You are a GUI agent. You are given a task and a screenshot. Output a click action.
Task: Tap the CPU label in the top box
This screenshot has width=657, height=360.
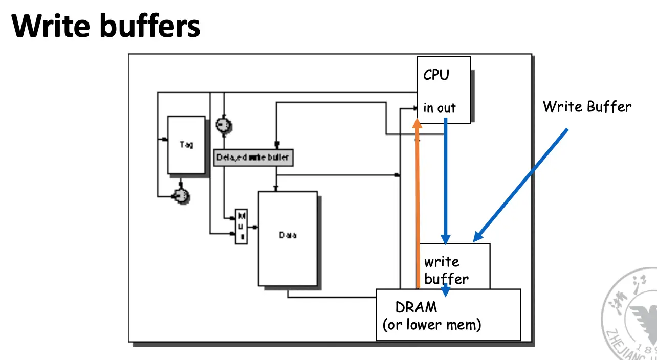coord(436,75)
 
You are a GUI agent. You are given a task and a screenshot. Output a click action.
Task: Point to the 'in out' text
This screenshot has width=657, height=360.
coord(439,108)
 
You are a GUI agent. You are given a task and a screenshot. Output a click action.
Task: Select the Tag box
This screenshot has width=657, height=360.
coord(186,145)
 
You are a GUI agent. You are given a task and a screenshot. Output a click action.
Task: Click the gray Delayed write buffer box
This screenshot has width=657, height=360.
coord(253,157)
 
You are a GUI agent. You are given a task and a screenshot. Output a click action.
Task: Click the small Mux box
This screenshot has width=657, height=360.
coord(241,227)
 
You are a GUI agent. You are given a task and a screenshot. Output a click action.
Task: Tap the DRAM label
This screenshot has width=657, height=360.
coord(416,307)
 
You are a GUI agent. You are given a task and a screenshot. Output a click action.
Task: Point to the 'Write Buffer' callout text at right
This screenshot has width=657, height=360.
coord(587,107)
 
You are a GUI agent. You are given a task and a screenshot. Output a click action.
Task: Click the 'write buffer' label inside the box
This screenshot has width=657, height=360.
coord(446,271)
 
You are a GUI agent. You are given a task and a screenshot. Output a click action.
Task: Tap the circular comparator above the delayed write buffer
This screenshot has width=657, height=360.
coord(223,125)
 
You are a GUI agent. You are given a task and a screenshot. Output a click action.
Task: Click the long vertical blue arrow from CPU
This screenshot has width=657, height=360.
coord(446,179)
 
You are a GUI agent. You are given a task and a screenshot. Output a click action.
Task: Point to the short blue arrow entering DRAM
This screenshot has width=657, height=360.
coord(446,290)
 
